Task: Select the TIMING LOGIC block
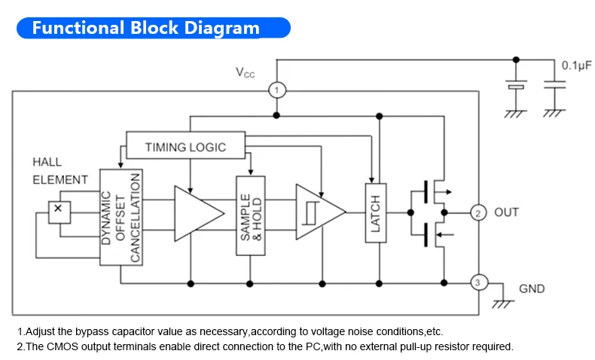185,146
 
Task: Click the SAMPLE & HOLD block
251,215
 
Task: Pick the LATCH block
375,212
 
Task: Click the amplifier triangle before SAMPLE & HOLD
197,212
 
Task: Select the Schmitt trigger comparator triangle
316,212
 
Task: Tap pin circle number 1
276,90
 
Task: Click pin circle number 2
478,212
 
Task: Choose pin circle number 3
478,283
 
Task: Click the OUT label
506,212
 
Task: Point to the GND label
532,288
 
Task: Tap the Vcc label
246,73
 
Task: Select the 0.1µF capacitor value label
576,66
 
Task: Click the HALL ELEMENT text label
59,171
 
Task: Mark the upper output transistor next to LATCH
433,192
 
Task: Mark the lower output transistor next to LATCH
433,233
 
